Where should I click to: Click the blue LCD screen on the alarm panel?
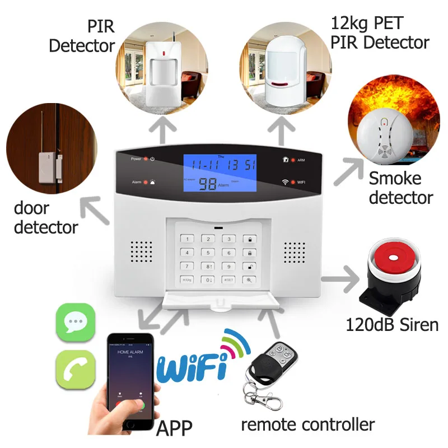tap(220, 174)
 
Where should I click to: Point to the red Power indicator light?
tap(146, 159)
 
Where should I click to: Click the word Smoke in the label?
tap(395, 179)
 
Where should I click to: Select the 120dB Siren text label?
tap(392, 324)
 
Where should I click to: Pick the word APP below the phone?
tap(174, 428)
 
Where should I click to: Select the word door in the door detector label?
tap(31, 208)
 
